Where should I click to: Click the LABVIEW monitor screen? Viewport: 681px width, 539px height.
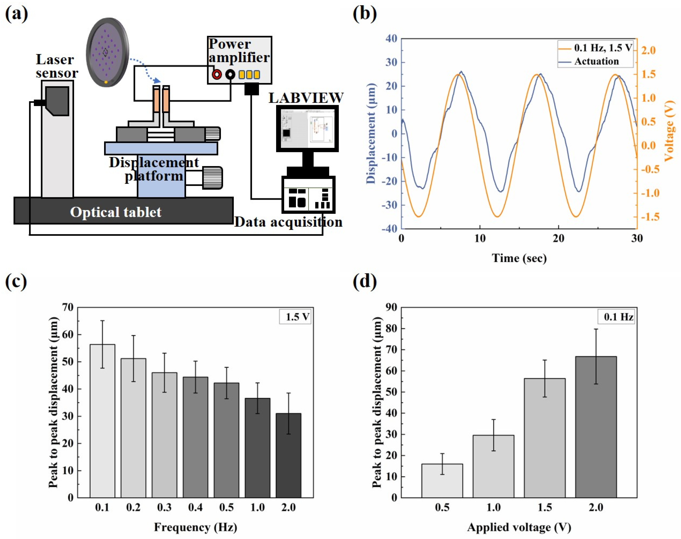tap(307, 128)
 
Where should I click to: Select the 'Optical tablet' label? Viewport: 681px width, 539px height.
tap(116, 212)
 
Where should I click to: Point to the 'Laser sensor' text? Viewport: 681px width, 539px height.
tap(57, 66)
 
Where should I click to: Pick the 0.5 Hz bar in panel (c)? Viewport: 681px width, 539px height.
tap(226, 440)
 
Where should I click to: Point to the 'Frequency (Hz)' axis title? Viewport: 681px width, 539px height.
tap(196, 527)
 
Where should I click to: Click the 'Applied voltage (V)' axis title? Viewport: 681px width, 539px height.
tap(519, 527)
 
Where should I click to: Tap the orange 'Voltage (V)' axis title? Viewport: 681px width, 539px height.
tap(669, 131)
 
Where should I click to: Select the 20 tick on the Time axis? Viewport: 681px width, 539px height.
tap(558, 238)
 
